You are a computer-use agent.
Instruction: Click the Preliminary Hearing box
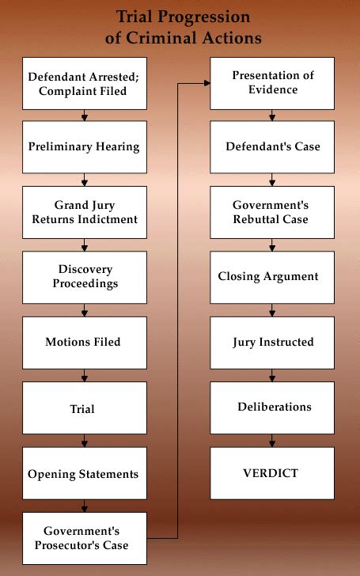[x=84, y=147]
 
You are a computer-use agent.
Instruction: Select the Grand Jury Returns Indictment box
[x=84, y=212]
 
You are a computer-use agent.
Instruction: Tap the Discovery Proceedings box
[x=84, y=277]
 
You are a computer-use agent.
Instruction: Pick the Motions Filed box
[x=84, y=343]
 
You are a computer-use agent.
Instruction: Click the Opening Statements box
[x=84, y=474]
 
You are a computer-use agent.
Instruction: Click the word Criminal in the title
[x=157, y=38]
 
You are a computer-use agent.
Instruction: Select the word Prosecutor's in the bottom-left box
[x=70, y=545]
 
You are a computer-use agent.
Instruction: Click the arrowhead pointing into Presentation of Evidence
[x=206, y=82]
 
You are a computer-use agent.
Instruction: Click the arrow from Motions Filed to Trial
[x=84, y=374]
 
